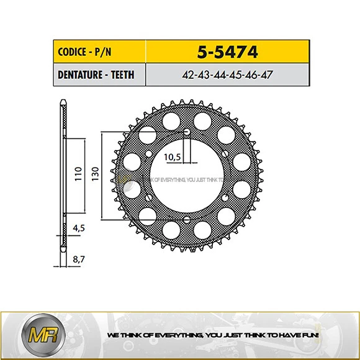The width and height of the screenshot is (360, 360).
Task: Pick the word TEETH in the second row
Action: coord(122,75)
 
